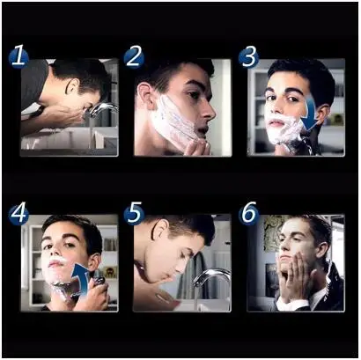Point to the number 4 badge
(18, 214)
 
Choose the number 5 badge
(134, 214)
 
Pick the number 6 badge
(248, 214)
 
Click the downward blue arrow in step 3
(311, 114)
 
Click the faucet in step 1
(103, 109)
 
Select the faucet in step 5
(212, 276)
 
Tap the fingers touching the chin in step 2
(196, 148)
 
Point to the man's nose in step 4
(54, 253)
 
